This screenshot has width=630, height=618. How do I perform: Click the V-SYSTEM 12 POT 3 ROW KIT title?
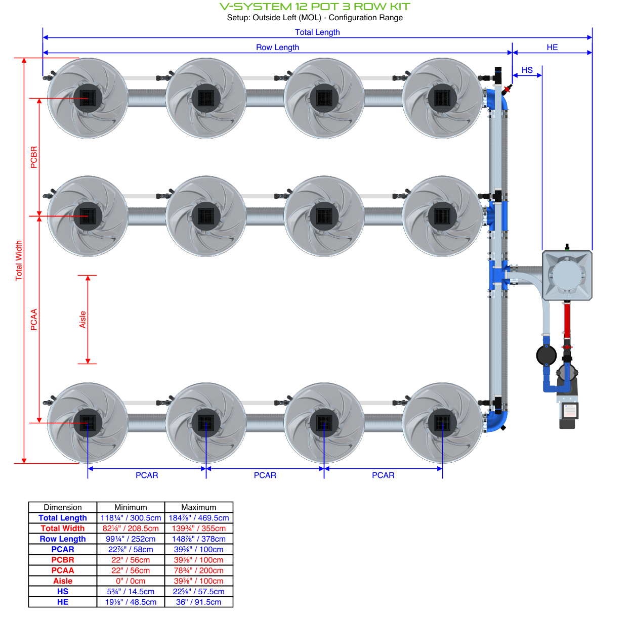click(x=315, y=7)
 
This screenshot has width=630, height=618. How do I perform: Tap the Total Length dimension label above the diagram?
click(x=317, y=32)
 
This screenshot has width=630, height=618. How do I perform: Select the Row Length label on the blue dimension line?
click(x=277, y=47)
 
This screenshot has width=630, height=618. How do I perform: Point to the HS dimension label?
click(x=527, y=70)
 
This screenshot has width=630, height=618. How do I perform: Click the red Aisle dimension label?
click(x=82, y=320)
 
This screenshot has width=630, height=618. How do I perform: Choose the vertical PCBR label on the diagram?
click(x=34, y=157)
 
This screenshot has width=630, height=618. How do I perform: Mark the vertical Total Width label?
click(x=19, y=260)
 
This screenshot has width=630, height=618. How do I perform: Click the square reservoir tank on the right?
click(x=567, y=275)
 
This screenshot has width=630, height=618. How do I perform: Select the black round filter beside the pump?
click(x=547, y=355)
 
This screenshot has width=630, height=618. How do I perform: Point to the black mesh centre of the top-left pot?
click(x=88, y=98)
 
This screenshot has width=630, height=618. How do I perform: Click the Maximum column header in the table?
click(x=198, y=507)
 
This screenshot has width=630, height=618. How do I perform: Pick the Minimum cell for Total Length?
click(x=131, y=518)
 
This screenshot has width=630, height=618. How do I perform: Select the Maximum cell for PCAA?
click(x=198, y=570)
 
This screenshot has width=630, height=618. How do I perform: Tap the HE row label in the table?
click(x=63, y=602)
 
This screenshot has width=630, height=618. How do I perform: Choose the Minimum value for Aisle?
click(x=131, y=581)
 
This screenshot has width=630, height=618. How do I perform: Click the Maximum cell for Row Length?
click(x=198, y=539)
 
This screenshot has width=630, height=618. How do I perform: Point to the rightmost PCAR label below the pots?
click(x=383, y=475)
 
